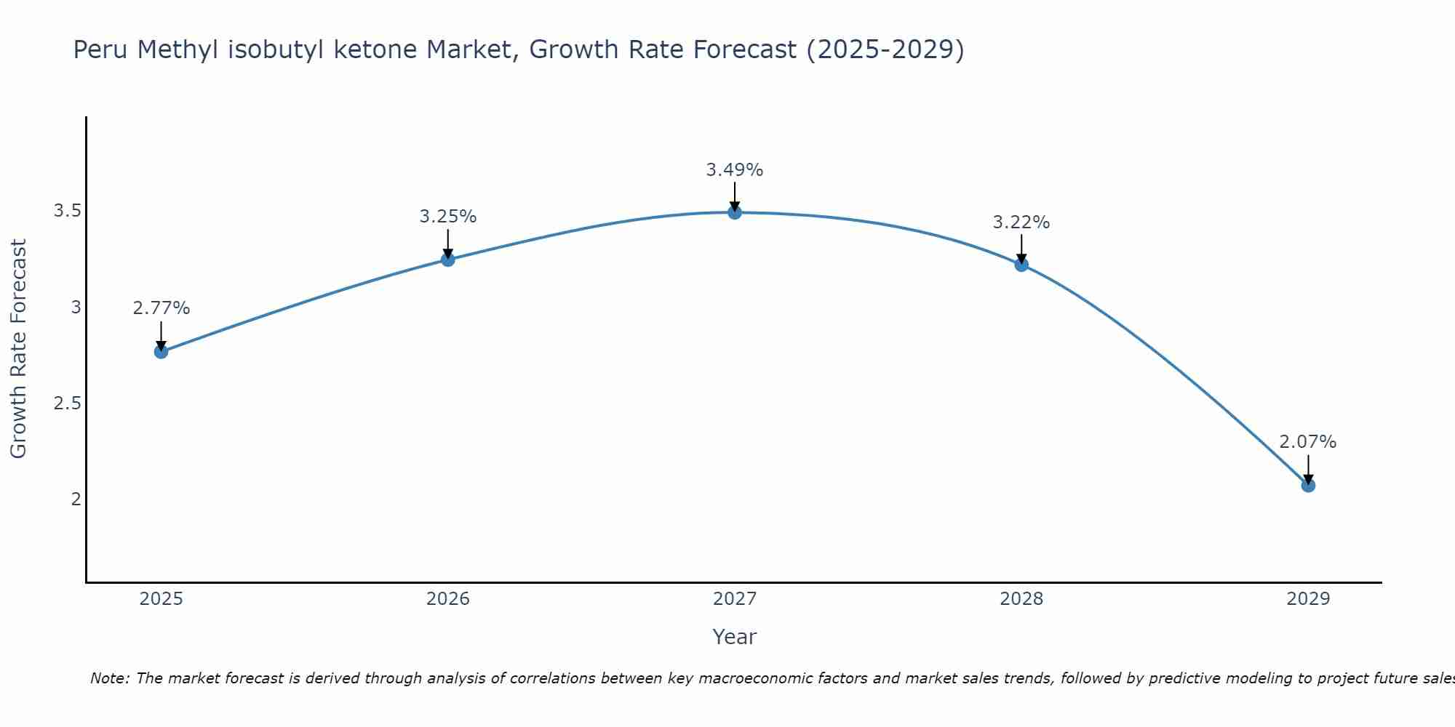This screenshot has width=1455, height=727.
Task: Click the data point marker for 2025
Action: coord(161,352)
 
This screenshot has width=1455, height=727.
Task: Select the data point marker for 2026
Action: coord(448,260)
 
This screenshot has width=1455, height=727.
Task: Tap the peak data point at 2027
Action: coord(735,212)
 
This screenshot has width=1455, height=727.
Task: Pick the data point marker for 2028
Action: coord(1021,265)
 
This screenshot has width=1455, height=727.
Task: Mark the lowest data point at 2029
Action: coord(1308,485)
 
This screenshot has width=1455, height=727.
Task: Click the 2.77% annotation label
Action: coord(161,308)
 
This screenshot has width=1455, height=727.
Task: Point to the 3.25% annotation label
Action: coord(448,217)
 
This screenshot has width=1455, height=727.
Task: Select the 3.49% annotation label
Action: coord(735,170)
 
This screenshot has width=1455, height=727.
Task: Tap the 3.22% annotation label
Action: coord(1021,222)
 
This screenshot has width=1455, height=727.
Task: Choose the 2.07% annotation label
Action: coord(1308,442)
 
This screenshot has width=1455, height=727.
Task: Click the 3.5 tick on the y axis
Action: coord(67,212)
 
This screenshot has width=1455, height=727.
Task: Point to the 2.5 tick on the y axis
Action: coord(67,403)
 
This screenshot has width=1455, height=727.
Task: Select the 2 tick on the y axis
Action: coord(76,499)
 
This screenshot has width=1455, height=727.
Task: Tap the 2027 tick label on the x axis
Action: coord(735,599)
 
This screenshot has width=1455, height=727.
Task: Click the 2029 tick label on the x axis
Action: coord(1308,599)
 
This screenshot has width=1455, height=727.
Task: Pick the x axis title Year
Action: coord(735,637)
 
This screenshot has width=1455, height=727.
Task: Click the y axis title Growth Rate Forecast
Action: coord(18,348)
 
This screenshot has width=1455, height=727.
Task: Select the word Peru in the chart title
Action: coord(101,49)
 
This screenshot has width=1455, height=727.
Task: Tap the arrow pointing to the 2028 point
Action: coord(1021,249)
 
